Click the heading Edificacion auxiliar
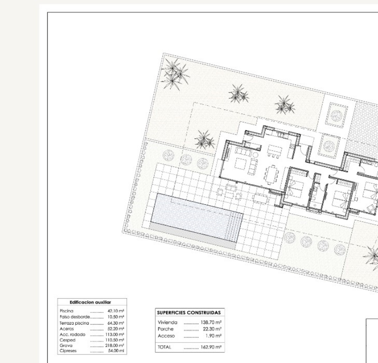90,302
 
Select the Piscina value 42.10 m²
116,311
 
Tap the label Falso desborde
75,317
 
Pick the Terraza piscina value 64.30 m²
116,323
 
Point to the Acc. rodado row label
72,334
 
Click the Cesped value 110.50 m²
115,340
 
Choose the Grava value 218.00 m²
115,346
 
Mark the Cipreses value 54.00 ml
116,351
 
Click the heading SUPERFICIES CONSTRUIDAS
189,313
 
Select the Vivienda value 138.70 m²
211,322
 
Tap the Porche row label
165,329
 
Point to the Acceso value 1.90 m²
214,336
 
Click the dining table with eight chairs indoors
271,174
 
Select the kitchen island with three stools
274,151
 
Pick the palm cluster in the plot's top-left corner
175,74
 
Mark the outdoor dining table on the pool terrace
260,198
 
